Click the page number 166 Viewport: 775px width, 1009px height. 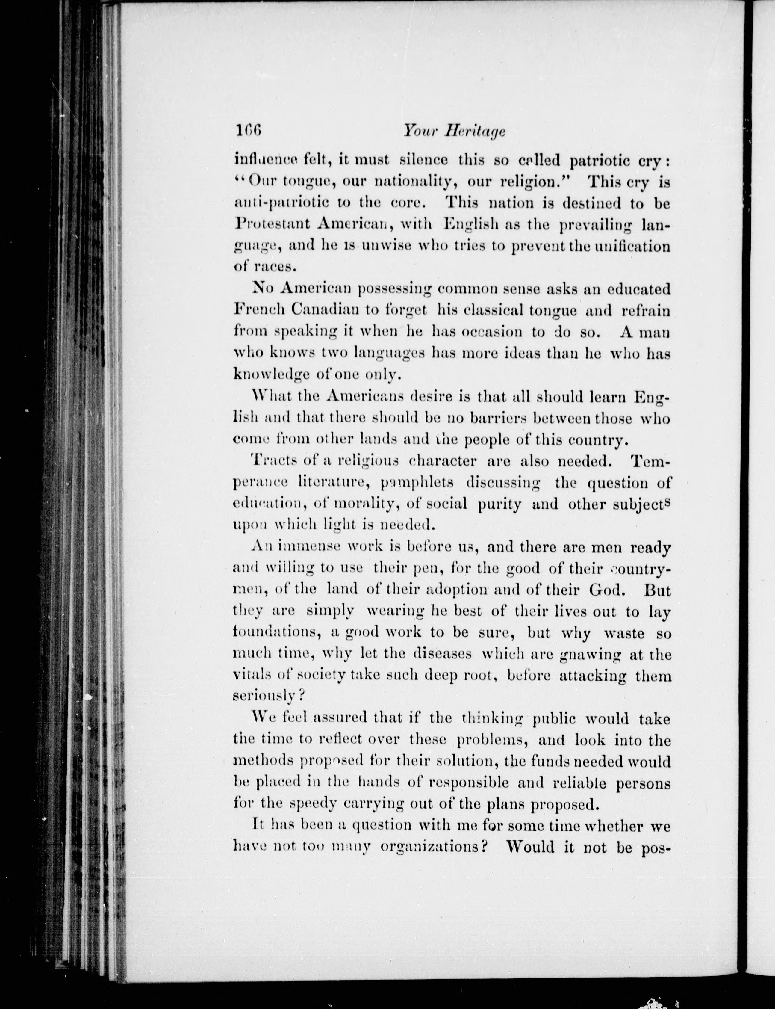pyautogui.click(x=248, y=131)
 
